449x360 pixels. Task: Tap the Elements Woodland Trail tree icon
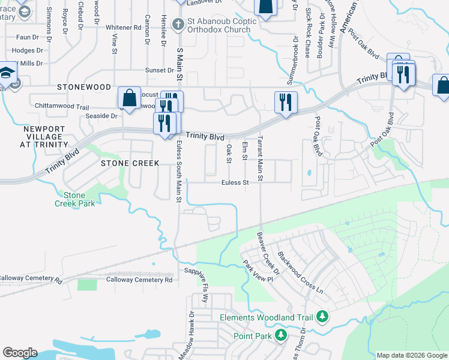(322, 316)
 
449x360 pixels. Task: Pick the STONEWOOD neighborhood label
(84, 87)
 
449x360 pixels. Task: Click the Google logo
(20, 353)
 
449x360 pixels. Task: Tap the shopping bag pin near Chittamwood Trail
(129, 97)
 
